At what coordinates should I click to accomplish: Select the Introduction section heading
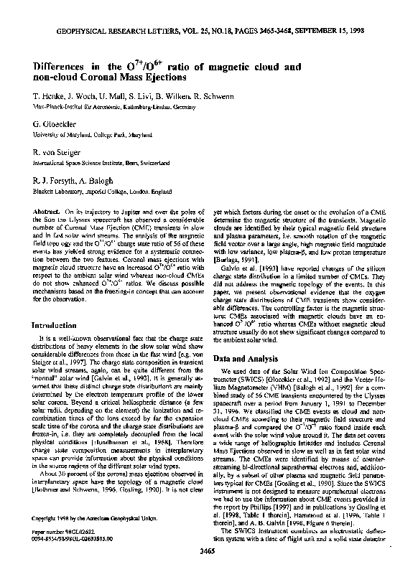click(61, 325)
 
